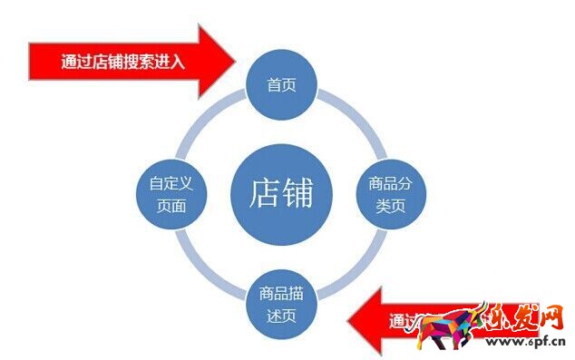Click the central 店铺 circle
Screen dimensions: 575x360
(x=279, y=192)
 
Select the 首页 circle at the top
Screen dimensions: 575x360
(x=279, y=85)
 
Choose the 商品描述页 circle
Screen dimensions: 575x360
(x=280, y=305)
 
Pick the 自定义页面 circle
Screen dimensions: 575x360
(x=171, y=194)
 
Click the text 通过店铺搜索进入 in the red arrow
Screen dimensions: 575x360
(x=123, y=63)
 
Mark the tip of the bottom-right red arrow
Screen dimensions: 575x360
(x=349, y=319)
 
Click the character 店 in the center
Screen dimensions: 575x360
(x=263, y=192)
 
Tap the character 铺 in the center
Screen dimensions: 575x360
(x=297, y=192)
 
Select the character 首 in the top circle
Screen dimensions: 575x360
(x=273, y=85)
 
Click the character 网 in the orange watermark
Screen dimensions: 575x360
(x=550, y=320)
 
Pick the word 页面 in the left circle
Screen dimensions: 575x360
(x=171, y=205)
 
